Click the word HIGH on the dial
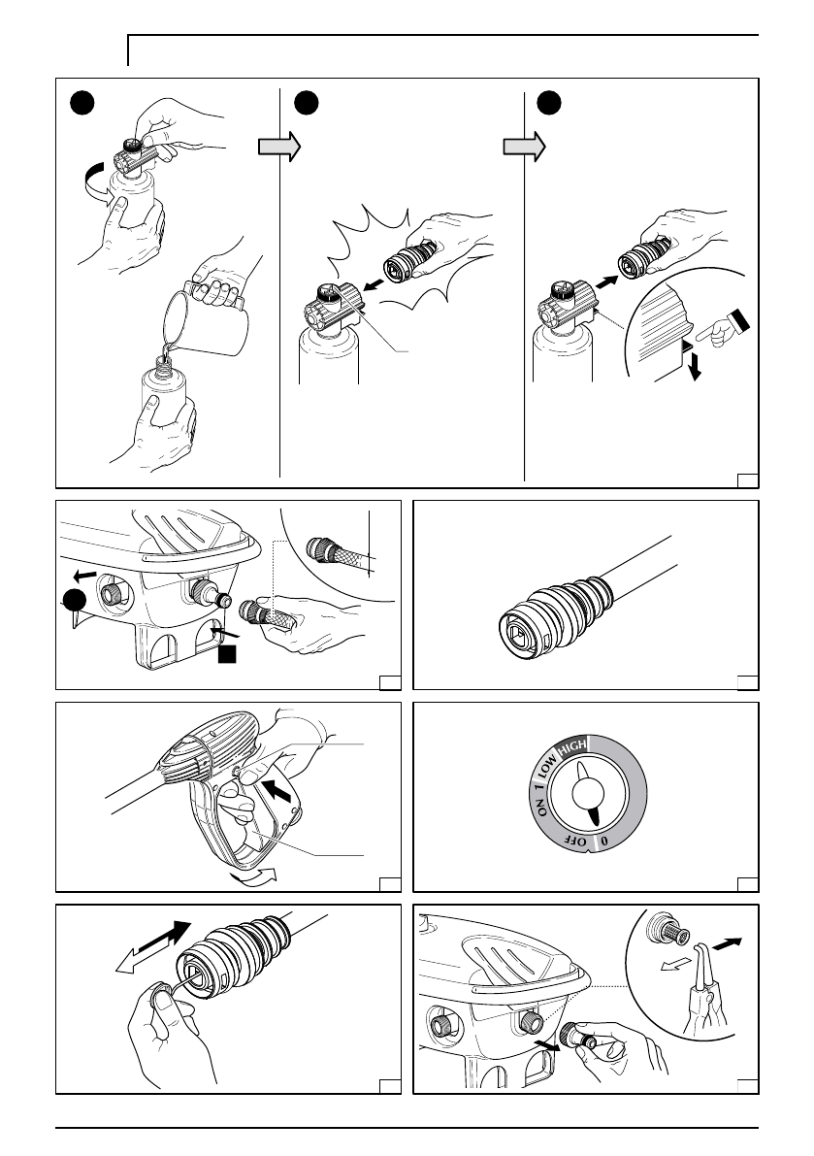[x=572, y=746]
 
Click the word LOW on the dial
[x=546, y=767]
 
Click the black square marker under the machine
[x=227, y=652]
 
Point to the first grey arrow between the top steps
[x=279, y=147]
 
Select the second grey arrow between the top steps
[x=524, y=147]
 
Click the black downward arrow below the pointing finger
[x=693, y=366]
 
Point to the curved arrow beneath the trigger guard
[x=252, y=875]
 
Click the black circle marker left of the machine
[x=74, y=601]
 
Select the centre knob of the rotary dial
[x=587, y=793]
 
